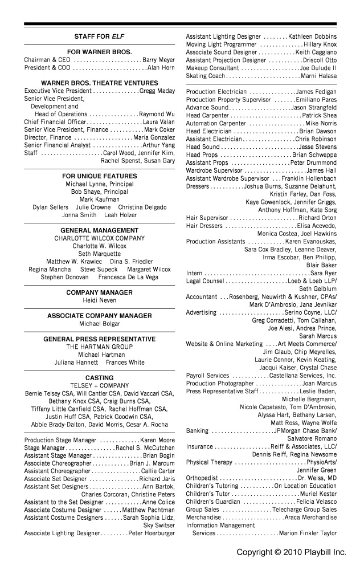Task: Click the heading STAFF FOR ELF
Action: [99, 36]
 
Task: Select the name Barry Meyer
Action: [158, 60]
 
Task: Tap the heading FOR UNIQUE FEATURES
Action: [99, 176]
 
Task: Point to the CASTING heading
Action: [99, 377]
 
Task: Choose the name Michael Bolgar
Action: [99, 324]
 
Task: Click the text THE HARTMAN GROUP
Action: [99, 347]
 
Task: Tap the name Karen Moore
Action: [157, 441]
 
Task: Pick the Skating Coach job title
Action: [206, 76]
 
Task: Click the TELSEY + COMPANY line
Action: [99, 385]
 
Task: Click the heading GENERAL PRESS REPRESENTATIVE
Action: [99, 339]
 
